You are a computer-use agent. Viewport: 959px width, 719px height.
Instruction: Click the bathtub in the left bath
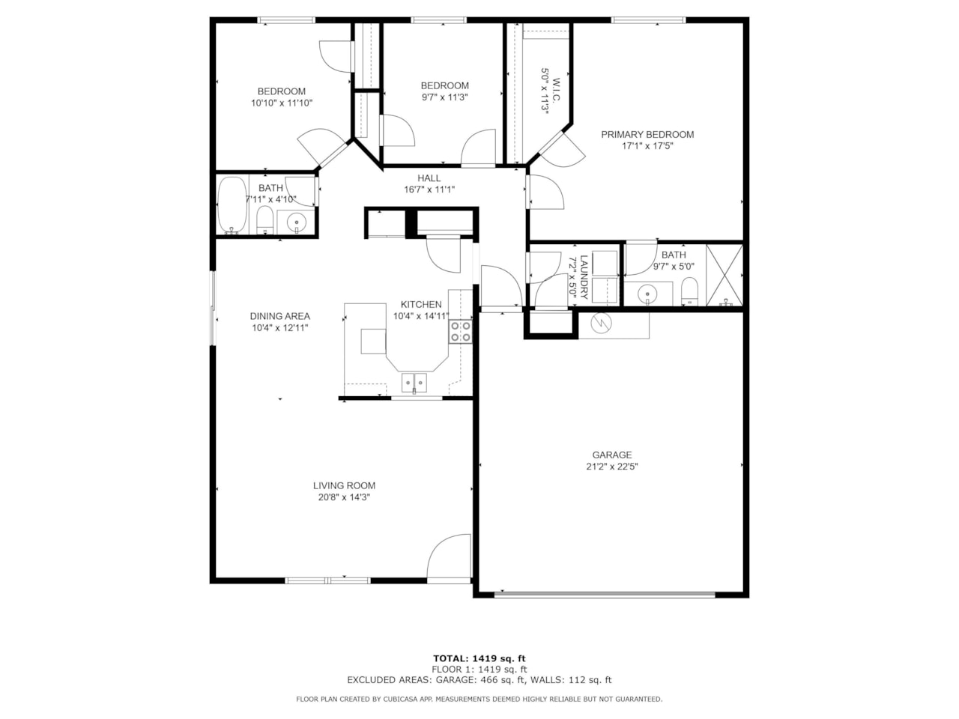click(x=232, y=205)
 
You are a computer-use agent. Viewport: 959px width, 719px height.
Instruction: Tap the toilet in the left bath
click(x=264, y=219)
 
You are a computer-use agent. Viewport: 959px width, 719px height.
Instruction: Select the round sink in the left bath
click(x=296, y=222)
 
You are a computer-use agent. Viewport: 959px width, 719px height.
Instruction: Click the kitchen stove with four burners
click(x=460, y=332)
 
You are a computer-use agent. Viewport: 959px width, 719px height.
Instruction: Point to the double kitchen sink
click(x=414, y=383)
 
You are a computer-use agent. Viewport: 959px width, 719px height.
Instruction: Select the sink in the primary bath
click(x=648, y=294)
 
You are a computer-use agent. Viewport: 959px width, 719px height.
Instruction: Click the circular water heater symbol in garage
click(x=601, y=324)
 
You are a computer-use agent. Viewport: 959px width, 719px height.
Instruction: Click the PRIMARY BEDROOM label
click(x=647, y=135)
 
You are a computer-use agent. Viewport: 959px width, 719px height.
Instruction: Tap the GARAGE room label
click(x=612, y=455)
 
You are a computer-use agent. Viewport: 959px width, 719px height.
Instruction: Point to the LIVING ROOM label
click(x=344, y=485)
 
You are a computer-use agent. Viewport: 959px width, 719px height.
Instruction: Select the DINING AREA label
click(x=279, y=316)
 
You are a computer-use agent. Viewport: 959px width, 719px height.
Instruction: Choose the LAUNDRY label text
click(x=584, y=277)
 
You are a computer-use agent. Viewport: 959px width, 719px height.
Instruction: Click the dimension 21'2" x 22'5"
click(x=612, y=467)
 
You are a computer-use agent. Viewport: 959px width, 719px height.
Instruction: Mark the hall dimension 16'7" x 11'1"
click(x=429, y=189)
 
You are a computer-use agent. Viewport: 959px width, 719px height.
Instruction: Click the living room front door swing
click(x=447, y=558)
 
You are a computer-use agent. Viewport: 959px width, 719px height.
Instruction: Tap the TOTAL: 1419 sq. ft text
click(x=479, y=658)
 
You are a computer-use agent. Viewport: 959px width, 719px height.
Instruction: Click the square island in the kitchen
click(x=373, y=341)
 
